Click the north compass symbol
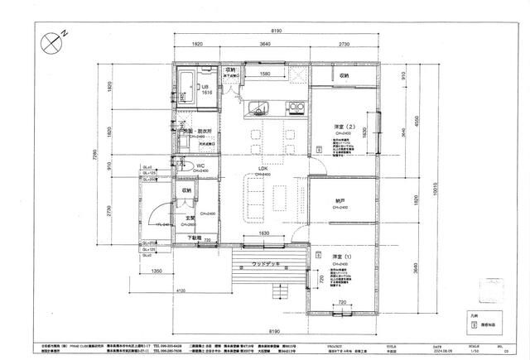[x=51, y=37]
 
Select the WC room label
[x=200, y=166]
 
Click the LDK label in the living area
[x=263, y=169]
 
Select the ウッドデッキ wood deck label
[x=266, y=263]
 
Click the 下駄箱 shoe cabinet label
[x=193, y=238]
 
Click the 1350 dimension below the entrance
[x=157, y=270]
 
